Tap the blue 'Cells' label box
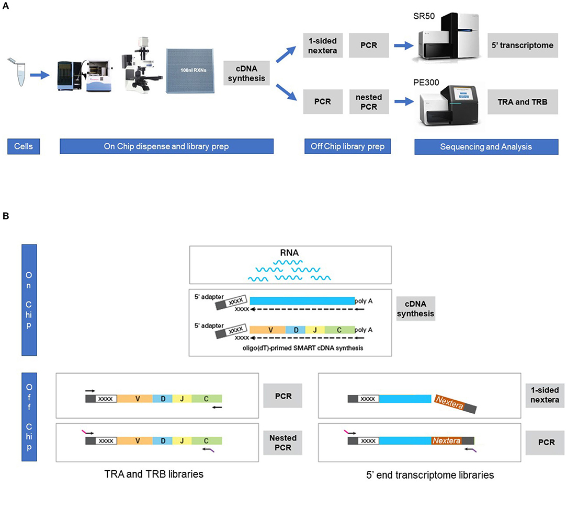coord(23,146)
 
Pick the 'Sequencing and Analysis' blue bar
coord(483,146)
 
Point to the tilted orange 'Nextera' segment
coord(448,402)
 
